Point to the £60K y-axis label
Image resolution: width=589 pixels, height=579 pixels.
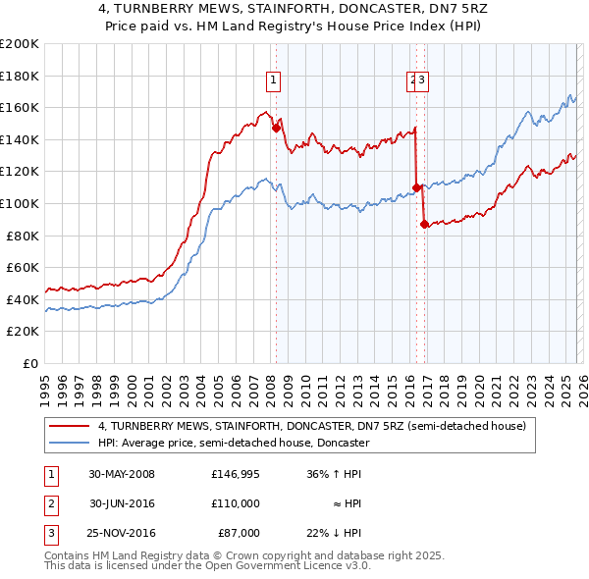click(x=23, y=267)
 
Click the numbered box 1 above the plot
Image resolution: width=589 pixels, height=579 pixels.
click(x=272, y=81)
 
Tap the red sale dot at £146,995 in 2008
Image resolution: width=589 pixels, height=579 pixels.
click(x=276, y=127)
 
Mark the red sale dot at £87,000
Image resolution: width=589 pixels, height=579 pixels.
click(x=424, y=224)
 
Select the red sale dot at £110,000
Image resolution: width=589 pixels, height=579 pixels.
click(x=417, y=186)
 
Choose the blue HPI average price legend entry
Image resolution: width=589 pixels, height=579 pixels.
click(x=233, y=443)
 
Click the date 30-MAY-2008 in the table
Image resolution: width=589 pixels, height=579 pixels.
click(x=121, y=473)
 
